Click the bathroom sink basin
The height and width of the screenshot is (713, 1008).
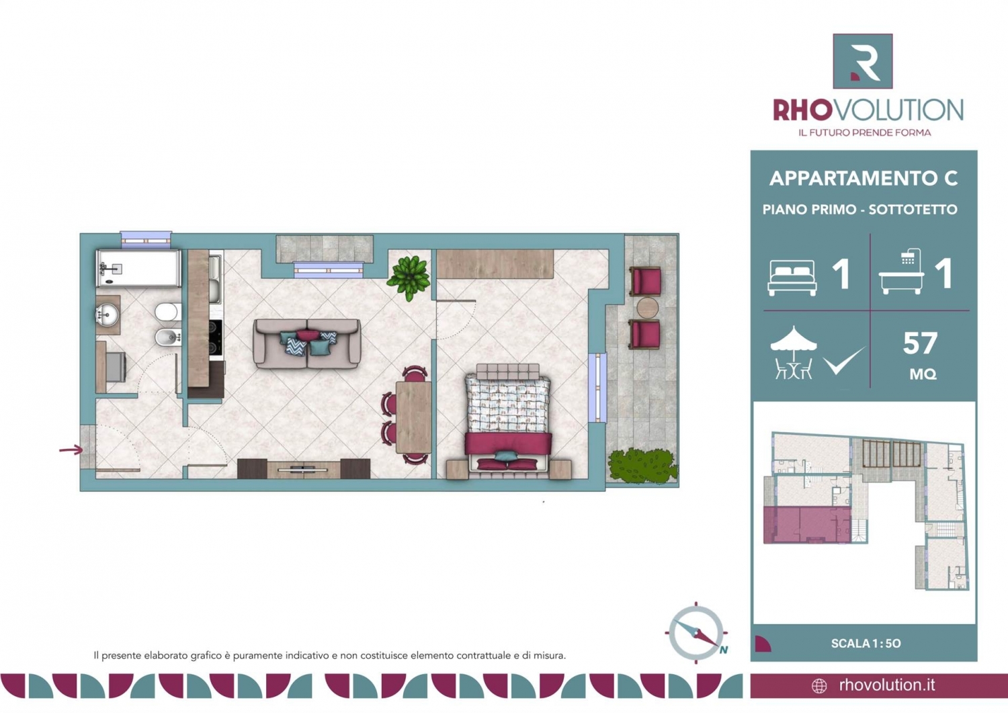(107, 314)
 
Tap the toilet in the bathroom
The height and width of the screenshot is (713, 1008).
(168, 312)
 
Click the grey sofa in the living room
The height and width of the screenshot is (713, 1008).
(307, 343)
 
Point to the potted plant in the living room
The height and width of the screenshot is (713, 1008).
(409, 278)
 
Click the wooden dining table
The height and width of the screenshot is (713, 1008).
(413, 417)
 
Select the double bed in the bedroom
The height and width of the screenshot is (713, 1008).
(507, 419)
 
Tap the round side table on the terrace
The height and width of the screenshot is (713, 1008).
(648, 308)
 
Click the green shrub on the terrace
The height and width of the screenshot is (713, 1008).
(642, 466)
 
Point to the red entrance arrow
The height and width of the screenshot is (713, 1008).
(71, 449)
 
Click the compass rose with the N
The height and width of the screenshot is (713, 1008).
(696, 633)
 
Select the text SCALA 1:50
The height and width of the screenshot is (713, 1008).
(866, 643)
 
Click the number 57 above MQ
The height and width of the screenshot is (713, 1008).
(920, 343)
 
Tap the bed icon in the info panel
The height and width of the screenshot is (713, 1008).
(792, 278)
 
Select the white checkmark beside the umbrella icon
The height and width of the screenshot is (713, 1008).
(844, 361)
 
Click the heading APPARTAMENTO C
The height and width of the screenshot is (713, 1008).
(864, 179)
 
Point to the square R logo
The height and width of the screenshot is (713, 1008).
(863, 61)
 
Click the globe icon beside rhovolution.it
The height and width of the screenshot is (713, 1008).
(819, 686)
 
